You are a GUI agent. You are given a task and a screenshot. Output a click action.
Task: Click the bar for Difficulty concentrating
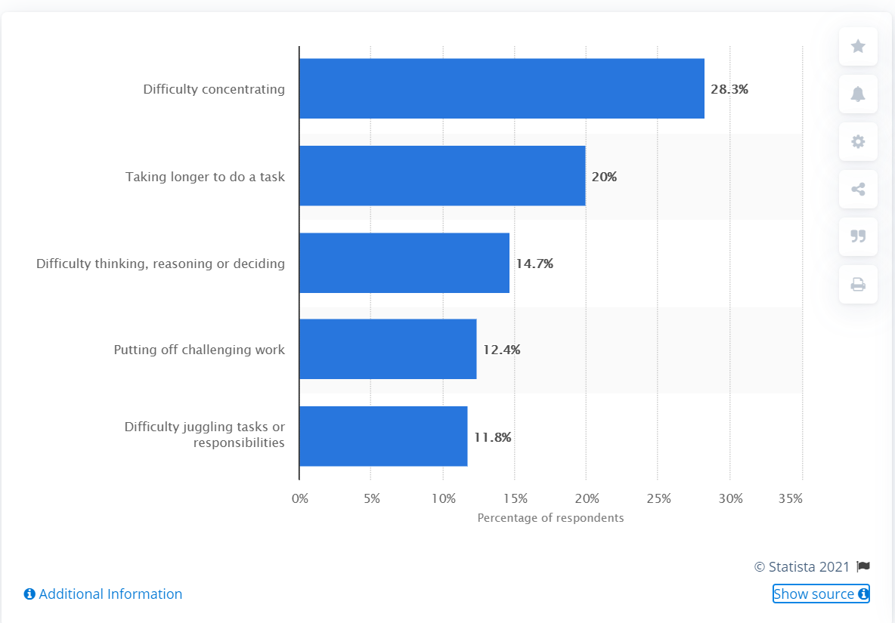(x=501, y=88)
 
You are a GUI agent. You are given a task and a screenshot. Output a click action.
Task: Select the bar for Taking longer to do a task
(x=442, y=176)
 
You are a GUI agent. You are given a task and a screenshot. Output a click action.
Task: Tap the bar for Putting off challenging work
(x=388, y=349)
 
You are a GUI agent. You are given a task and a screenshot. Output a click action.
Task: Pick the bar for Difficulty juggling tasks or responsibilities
(x=383, y=436)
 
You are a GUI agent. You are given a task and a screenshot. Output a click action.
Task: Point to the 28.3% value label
(x=729, y=89)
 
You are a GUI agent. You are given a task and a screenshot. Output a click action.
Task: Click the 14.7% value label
(x=534, y=264)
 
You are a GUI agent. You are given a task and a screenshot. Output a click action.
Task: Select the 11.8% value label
(x=493, y=436)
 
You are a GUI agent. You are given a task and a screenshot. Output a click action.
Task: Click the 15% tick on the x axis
(x=515, y=498)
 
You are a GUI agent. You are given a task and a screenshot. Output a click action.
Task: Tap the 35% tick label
(x=791, y=498)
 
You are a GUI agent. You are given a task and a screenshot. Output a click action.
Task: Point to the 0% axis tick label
(x=300, y=498)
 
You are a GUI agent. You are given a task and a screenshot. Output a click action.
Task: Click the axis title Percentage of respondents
(x=550, y=518)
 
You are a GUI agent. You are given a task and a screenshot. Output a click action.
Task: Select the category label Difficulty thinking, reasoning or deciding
(x=160, y=264)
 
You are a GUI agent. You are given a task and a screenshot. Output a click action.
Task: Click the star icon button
(x=858, y=47)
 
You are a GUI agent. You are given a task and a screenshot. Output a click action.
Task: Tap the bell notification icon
(x=858, y=94)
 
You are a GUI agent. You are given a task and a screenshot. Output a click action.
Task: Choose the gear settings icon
(x=858, y=142)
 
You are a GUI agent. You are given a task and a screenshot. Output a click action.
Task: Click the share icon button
(x=858, y=190)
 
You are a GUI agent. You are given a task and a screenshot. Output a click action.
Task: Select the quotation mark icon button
(x=858, y=236)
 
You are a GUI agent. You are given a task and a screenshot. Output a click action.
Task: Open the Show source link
(x=821, y=594)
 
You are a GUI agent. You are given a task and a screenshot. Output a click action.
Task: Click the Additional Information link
(x=103, y=594)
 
